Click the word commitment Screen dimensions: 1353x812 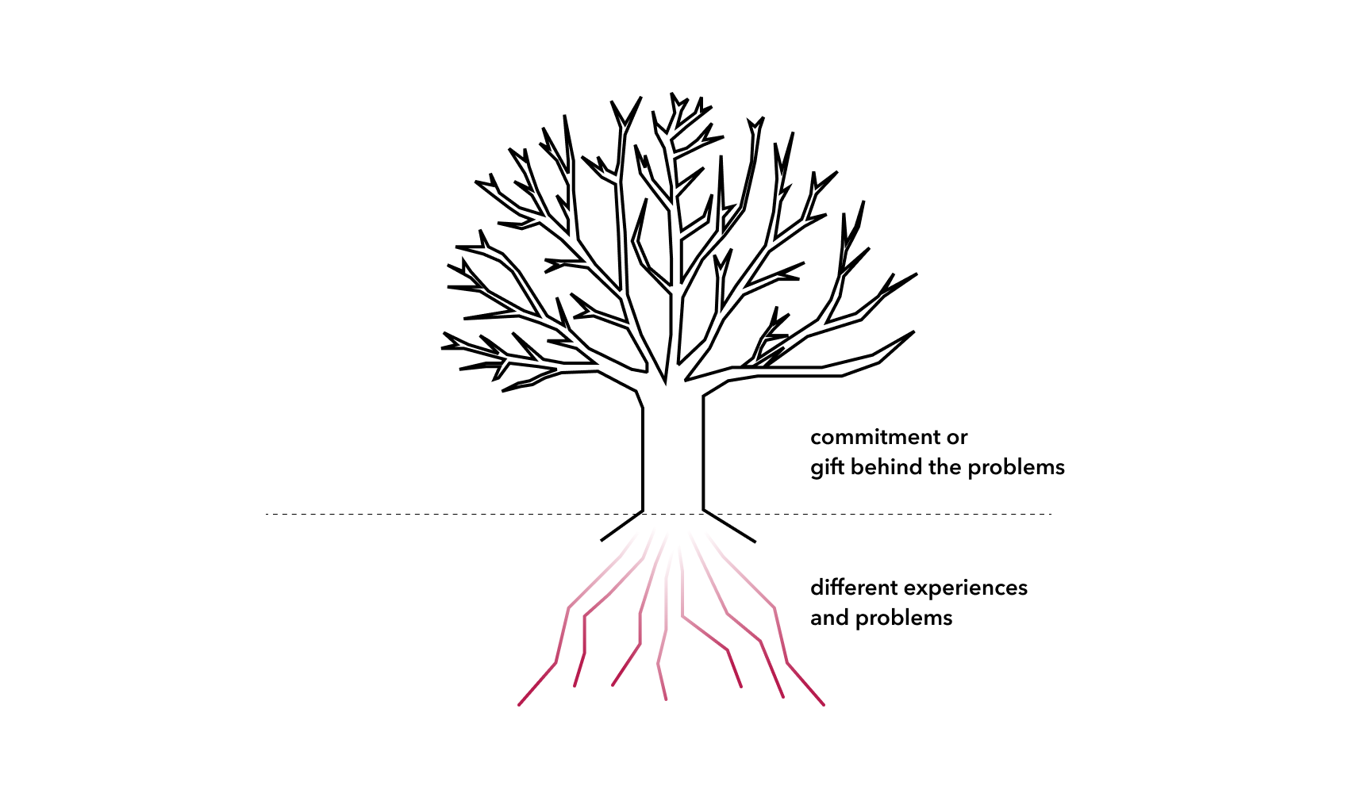[x=875, y=437]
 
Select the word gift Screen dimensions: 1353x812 [x=827, y=468]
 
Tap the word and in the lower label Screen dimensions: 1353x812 [x=829, y=618]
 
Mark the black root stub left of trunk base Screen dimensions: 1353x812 [x=621, y=526]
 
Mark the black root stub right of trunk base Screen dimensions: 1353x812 [x=729, y=527]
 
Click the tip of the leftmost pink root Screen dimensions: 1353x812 [x=519, y=705]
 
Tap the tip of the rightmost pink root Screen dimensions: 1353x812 [x=824, y=704]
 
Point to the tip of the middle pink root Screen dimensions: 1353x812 [x=666, y=699]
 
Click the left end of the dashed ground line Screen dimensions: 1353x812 [x=267, y=515]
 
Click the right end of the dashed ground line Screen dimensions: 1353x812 [x=1051, y=515]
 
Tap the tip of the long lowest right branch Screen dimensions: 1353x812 [x=914, y=331]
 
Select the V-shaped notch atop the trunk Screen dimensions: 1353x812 [x=666, y=381]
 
